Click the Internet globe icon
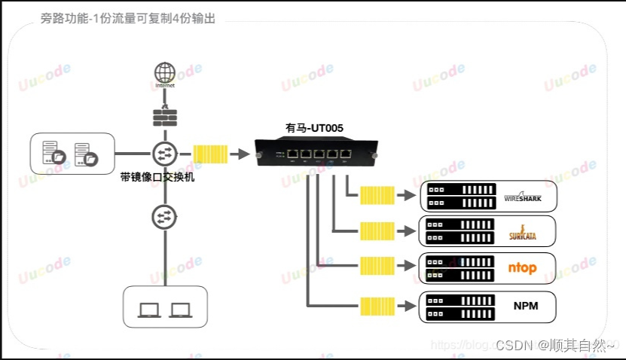coord(163,73)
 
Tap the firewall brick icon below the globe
coord(163,119)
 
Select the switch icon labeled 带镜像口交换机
coord(163,154)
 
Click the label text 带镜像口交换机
coord(157,178)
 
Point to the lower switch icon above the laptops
coord(163,217)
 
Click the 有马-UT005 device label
coord(314,129)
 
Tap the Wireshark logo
coord(528,197)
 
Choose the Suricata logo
coord(524,232)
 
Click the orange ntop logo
coord(524,268)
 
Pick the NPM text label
coord(524,306)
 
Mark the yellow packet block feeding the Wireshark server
coord(377,196)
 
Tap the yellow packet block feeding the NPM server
coord(377,306)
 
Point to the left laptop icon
coord(149,310)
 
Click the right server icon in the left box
coord(87,154)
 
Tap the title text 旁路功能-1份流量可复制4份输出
coord(128,19)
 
